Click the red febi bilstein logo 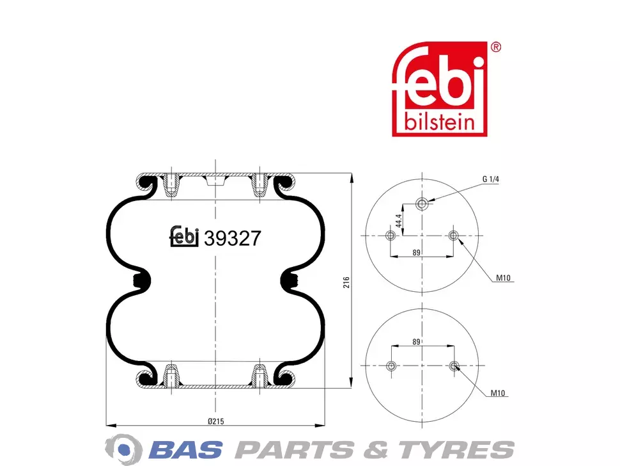(x=439, y=89)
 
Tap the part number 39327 (x=233, y=238)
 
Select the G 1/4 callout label (x=491, y=179)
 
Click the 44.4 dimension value (x=399, y=221)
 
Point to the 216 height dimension (x=346, y=282)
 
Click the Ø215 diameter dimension (x=216, y=421)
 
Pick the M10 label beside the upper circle (x=504, y=278)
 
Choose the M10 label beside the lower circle (x=498, y=393)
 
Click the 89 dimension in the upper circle (x=416, y=253)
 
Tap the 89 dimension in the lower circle (x=416, y=342)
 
